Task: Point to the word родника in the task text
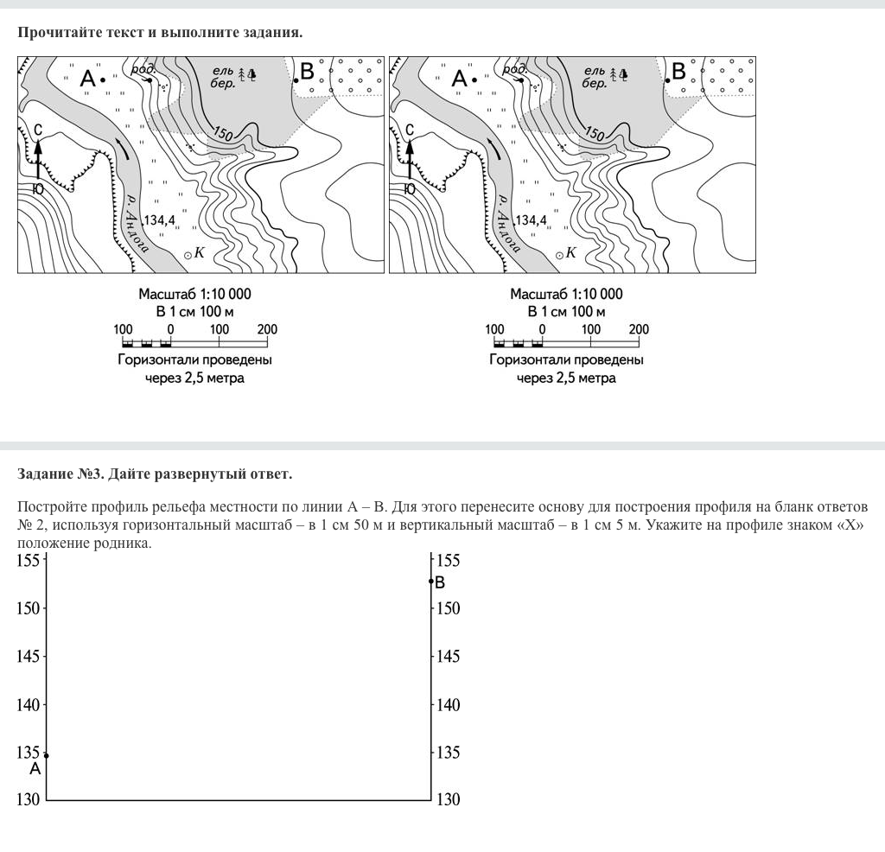coord(128,544)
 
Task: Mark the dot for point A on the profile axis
coord(46,755)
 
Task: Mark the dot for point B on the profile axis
coord(430,581)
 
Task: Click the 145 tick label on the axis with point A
coord(29,657)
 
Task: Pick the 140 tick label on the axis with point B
coord(448,705)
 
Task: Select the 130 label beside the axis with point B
coord(448,800)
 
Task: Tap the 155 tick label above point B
coord(448,561)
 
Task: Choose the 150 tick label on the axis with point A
coord(29,608)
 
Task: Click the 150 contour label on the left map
coord(222,135)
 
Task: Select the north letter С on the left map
coord(38,130)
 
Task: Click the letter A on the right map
coord(459,79)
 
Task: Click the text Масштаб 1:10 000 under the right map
coord(566,294)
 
